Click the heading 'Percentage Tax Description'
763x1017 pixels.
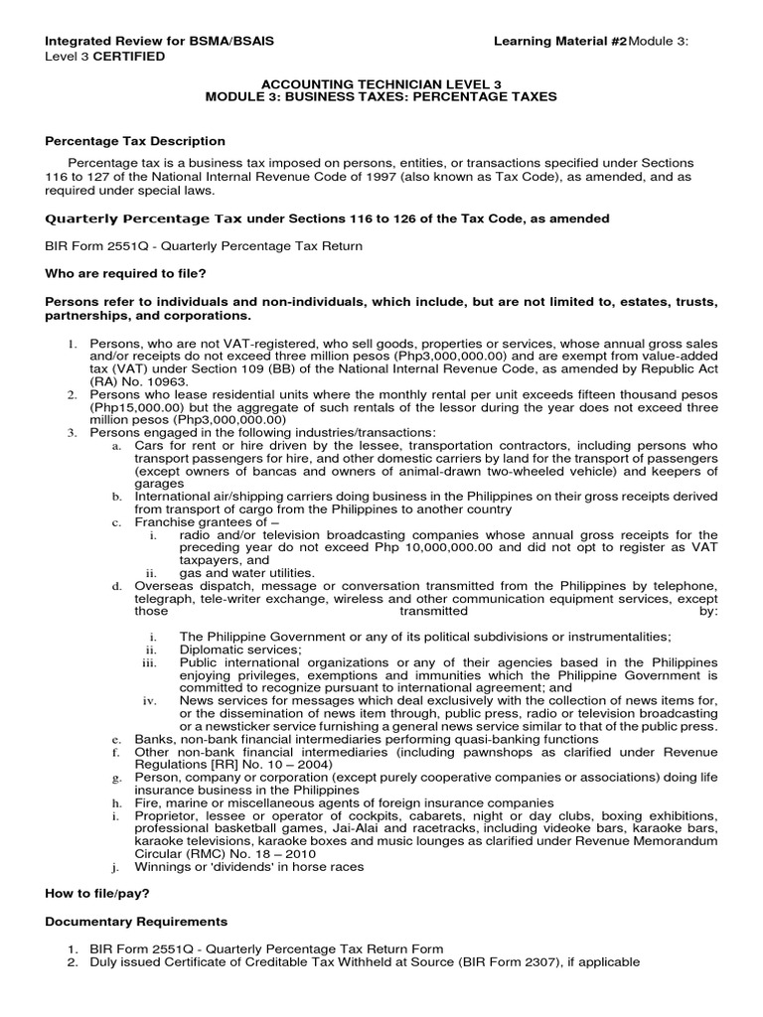[135, 141]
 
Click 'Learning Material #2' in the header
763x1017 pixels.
[561, 41]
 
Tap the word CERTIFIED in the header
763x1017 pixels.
[129, 57]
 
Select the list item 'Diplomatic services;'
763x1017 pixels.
[228, 650]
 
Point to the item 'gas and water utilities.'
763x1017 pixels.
[246, 573]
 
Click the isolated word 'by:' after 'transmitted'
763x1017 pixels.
[707, 612]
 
